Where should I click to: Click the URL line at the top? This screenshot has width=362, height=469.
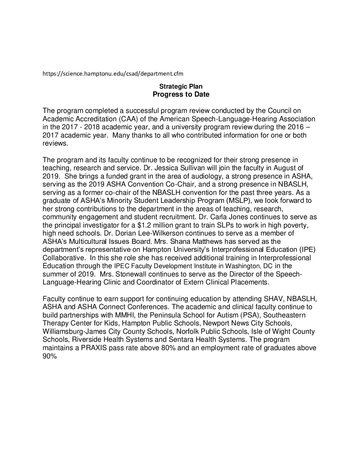tap(113, 73)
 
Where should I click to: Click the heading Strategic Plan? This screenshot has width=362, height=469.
tap(181, 87)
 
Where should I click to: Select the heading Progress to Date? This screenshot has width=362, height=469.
tap(181, 94)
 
